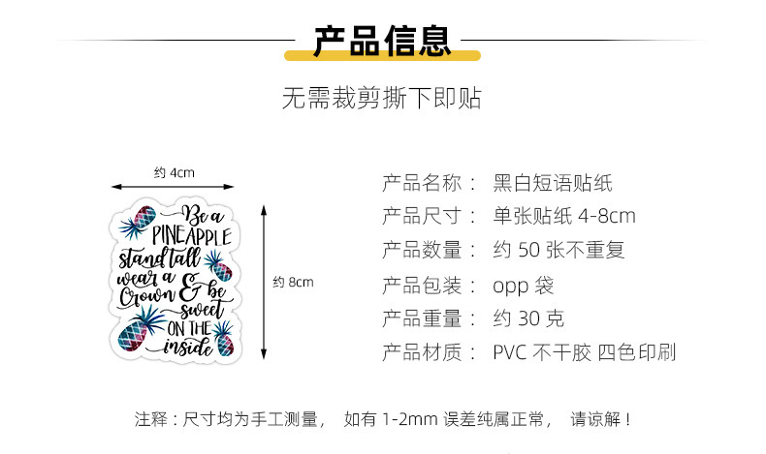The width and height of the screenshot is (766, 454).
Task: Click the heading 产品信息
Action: [381, 41]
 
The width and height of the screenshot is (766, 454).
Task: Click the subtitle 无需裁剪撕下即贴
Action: [381, 99]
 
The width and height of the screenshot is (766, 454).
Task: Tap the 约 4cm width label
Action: [175, 172]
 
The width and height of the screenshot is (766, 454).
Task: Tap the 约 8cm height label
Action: [293, 283]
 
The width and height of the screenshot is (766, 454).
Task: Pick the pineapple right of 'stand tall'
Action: [219, 264]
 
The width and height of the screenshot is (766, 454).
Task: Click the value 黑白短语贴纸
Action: [553, 182]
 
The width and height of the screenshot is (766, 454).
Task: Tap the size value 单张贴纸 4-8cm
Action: [564, 216]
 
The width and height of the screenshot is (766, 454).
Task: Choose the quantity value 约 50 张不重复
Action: [559, 250]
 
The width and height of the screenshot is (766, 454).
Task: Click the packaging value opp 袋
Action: [524, 285]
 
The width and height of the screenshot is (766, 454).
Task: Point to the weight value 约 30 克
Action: [528, 318]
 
